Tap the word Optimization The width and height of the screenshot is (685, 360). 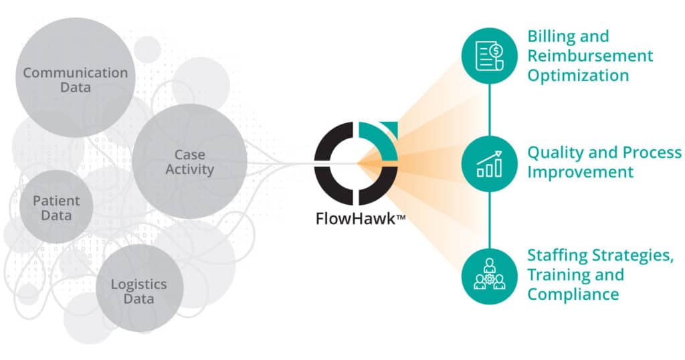pyautogui.click(x=578, y=75)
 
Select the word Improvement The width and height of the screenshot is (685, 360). pyautogui.click(x=580, y=172)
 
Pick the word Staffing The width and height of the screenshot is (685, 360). pyautogui.click(x=556, y=255)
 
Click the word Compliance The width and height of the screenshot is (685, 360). pyautogui.click(x=573, y=294)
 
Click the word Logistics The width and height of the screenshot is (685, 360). pyautogui.click(x=138, y=284)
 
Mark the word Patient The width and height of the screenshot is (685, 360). pyautogui.click(x=56, y=201)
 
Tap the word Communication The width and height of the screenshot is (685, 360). pyautogui.click(x=75, y=72)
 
